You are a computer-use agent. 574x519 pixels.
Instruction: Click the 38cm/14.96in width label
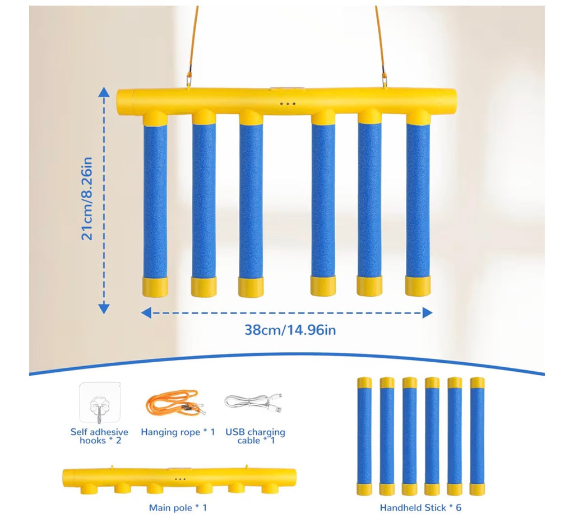[x=290, y=330]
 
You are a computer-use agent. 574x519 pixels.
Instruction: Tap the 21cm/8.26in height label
[x=87, y=199]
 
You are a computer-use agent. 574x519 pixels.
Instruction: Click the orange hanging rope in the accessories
[x=175, y=403]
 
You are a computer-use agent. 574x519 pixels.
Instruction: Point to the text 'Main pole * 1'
[x=178, y=508]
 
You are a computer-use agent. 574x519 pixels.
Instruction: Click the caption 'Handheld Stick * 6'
[x=420, y=508]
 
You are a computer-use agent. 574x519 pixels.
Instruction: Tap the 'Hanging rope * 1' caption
[x=178, y=432]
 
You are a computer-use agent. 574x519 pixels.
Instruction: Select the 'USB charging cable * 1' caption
[x=255, y=436]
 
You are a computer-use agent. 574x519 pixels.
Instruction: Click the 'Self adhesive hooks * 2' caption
[x=100, y=436]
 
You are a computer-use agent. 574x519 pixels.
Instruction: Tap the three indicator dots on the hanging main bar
[x=288, y=104]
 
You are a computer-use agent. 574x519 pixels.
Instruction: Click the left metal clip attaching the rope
[x=189, y=78]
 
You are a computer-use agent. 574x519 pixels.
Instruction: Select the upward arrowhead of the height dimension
[x=104, y=92]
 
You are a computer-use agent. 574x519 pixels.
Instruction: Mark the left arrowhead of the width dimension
[x=146, y=313]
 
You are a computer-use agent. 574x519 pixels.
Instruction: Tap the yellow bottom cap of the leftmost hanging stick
[x=155, y=287]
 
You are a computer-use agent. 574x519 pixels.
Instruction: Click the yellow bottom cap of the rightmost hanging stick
[x=418, y=286]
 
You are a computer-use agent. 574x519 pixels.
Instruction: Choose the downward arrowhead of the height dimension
[x=104, y=308]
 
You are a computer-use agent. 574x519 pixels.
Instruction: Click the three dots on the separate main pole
[x=180, y=479]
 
